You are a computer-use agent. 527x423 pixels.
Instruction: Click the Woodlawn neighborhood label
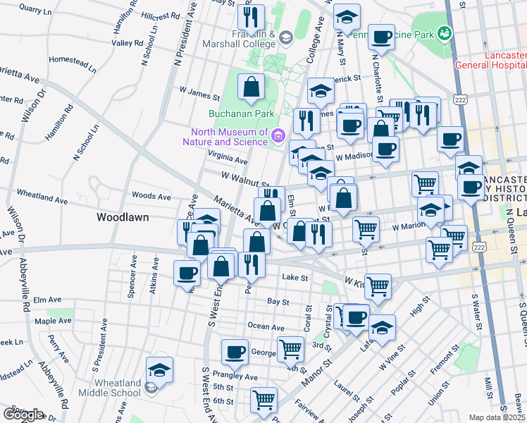pyautogui.click(x=123, y=217)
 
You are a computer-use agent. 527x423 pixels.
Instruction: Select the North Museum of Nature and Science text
pyautogui.click(x=229, y=137)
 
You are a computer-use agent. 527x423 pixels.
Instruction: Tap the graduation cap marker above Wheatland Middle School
pyautogui.click(x=160, y=369)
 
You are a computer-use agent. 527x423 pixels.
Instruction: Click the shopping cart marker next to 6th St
pyautogui.click(x=263, y=399)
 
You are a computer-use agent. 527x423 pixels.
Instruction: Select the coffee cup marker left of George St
pyautogui.click(x=235, y=350)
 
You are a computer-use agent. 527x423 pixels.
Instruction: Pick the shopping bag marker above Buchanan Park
pyautogui.click(x=251, y=87)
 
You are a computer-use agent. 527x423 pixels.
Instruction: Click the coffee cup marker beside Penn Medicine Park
pyautogui.click(x=381, y=36)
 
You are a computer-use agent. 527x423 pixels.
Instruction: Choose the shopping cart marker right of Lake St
pyautogui.click(x=378, y=286)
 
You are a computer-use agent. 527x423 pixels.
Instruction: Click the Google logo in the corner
pyautogui.click(x=23, y=415)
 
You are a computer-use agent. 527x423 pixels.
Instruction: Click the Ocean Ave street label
pyautogui.click(x=266, y=327)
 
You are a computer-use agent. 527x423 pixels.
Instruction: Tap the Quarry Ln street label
pyautogui.click(x=36, y=9)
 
